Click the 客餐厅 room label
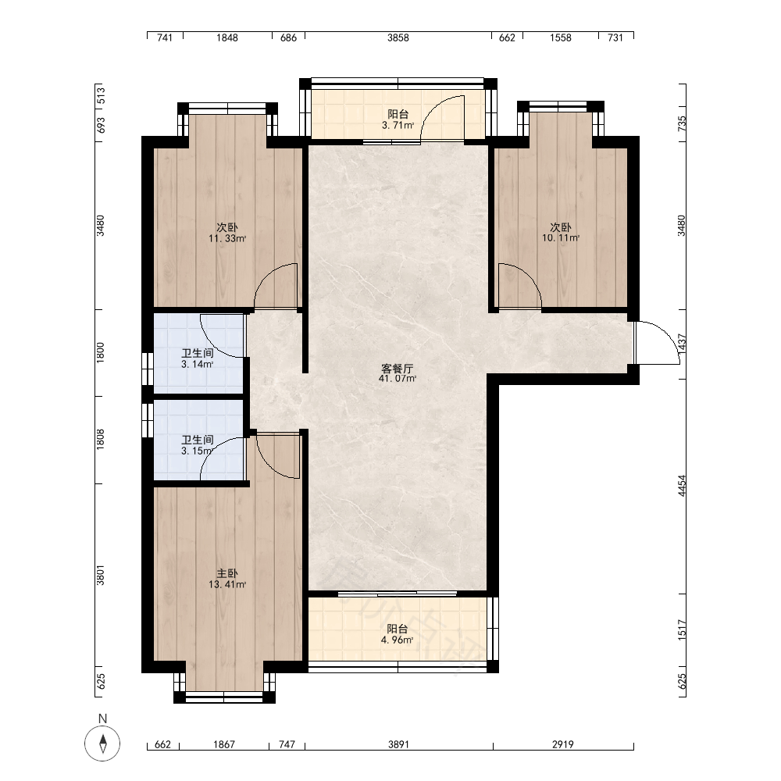pyautogui.click(x=398, y=369)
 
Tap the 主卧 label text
pyautogui.click(x=227, y=574)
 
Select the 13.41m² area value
pyautogui.click(x=227, y=585)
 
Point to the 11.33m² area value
pyautogui.click(x=227, y=238)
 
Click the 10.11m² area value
pyautogui.click(x=561, y=238)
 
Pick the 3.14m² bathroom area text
pyautogui.click(x=198, y=364)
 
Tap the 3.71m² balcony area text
pyautogui.click(x=398, y=125)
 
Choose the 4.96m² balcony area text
pyautogui.click(x=397, y=640)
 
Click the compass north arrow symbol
pyautogui.click(x=102, y=744)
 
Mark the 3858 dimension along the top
pyautogui.click(x=398, y=37)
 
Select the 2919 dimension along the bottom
pyautogui.click(x=563, y=744)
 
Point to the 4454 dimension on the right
pyautogui.click(x=682, y=486)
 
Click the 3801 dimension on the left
pyautogui.click(x=100, y=576)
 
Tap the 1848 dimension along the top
pyautogui.click(x=227, y=37)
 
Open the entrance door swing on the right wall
pyautogui.click(x=658, y=343)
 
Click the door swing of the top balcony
pyautogui.click(x=443, y=119)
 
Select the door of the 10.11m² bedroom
pyautogui.click(x=520, y=286)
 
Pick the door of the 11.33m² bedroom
pyautogui.click(x=276, y=286)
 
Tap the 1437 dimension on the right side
pyautogui.click(x=682, y=344)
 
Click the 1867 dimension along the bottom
pyautogui.click(x=224, y=744)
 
